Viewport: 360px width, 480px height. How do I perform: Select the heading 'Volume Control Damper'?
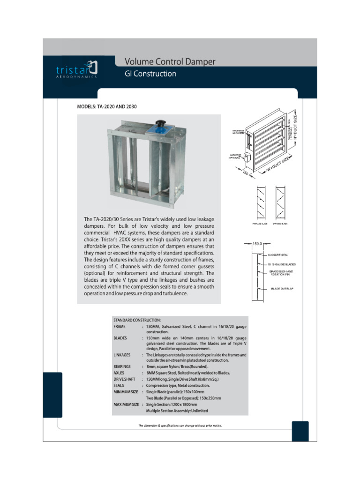pyautogui.click(x=170, y=61)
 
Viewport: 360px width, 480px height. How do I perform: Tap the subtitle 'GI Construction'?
pyautogui.click(x=150, y=74)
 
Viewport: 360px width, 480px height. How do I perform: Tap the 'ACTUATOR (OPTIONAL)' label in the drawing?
pyautogui.click(x=235, y=156)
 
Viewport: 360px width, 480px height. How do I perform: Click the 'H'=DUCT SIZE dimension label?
pyautogui.click(x=295, y=123)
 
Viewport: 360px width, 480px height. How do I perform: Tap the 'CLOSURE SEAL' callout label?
pyautogui.click(x=278, y=255)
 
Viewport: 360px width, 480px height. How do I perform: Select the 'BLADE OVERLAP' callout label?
pyautogui.click(x=282, y=289)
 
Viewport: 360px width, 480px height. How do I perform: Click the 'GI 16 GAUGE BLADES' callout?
pyautogui.click(x=282, y=264)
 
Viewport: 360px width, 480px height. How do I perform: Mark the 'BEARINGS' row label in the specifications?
pyautogui.click(x=123, y=367)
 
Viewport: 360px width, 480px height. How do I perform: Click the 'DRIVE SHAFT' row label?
pyautogui.click(x=125, y=379)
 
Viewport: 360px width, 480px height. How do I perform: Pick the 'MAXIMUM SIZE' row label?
pyautogui.click(x=126, y=404)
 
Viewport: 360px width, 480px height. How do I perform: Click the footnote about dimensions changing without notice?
pyautogui.click(x=180, y=426)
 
